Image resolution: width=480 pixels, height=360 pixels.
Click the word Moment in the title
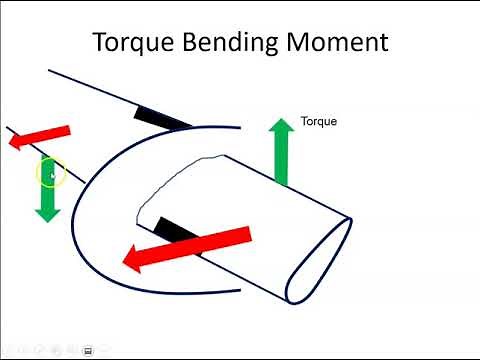(340, 43)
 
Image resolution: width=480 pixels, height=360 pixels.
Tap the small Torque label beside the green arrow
(319, 121)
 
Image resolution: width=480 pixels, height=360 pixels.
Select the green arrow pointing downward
(47, 190)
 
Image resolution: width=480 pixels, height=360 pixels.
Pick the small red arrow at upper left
(40, 137)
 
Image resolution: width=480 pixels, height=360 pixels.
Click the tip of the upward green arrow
(283, 118)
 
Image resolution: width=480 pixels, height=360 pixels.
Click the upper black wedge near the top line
(160, 118)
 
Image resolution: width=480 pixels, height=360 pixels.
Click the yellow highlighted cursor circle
(51, 174)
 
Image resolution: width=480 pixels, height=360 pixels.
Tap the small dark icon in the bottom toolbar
(88, 350)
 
